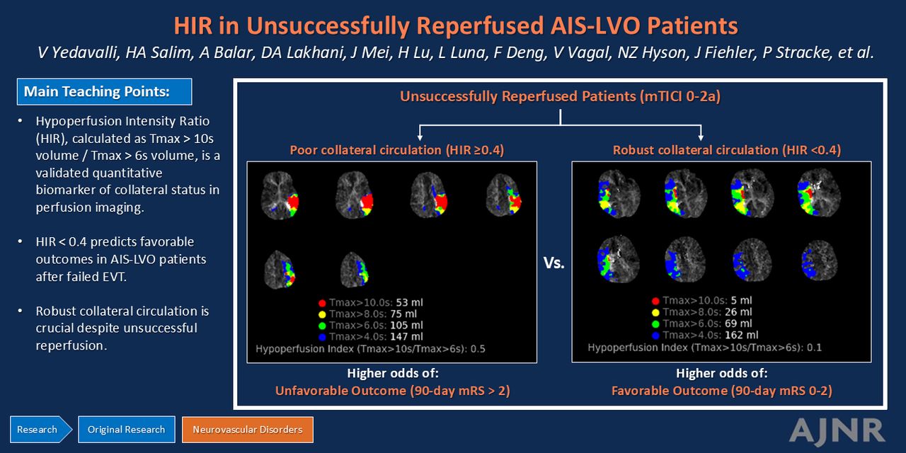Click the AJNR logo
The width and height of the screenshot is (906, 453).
(837, 430)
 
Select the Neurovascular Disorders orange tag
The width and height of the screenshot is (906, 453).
(248, 430)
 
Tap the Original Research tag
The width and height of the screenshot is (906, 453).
(126, 430)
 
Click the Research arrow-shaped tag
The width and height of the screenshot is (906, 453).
(41, 430)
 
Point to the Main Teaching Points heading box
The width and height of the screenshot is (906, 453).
(104, 92)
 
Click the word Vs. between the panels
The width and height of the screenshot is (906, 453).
(554, 263)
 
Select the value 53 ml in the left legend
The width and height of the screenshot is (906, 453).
(409, 302)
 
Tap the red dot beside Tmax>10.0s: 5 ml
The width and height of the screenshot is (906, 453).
(655, 301)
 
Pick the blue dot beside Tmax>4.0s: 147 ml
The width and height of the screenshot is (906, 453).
(322, 337)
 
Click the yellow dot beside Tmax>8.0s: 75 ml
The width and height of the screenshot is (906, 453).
(322, 314)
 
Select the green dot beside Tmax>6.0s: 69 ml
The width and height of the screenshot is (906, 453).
(655, 324)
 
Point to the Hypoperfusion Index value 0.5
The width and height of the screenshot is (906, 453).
(478, 349)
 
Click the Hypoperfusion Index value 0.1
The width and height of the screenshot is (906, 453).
(814, 348)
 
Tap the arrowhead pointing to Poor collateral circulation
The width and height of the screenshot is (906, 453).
(420, 138)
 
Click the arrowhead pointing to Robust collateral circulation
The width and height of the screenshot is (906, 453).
(701, 138)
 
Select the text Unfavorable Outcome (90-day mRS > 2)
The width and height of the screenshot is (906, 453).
(392, 391)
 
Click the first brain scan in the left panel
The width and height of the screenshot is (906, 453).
(280, 195)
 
